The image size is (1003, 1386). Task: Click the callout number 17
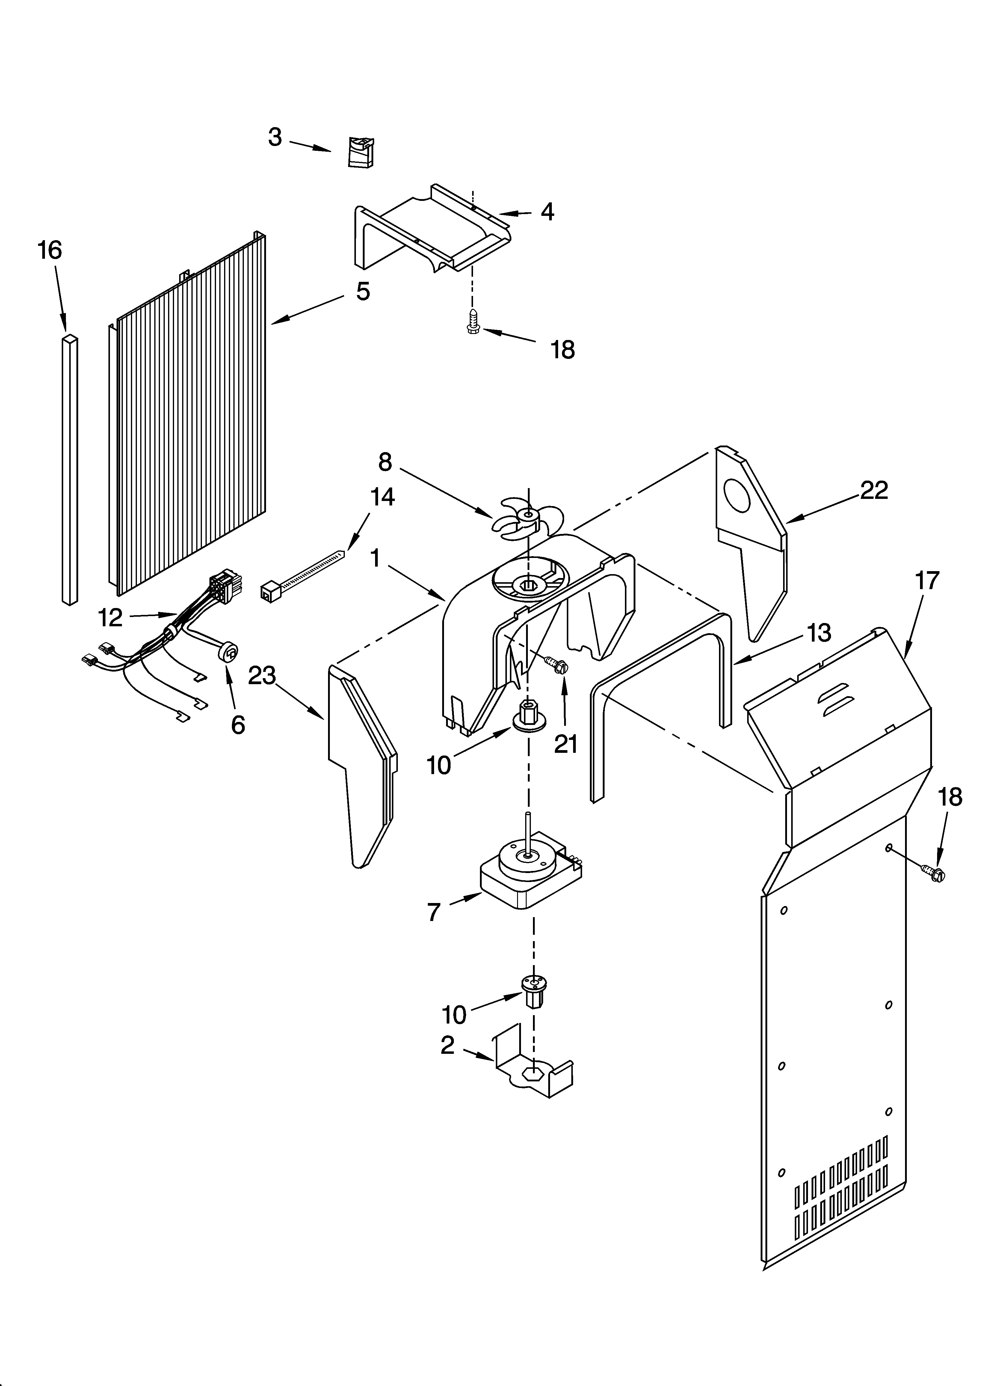[927, 580]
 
